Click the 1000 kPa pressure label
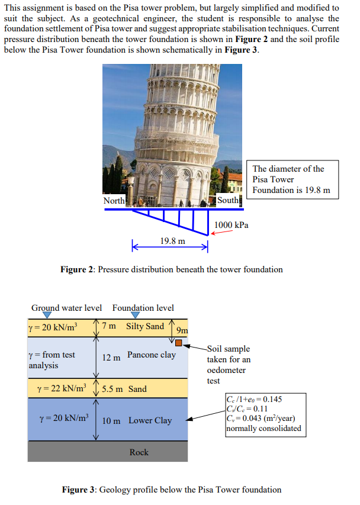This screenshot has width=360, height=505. tap(231, 225)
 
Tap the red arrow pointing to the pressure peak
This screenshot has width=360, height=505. tap(221, 232)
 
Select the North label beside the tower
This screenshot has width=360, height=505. tap(114, 201)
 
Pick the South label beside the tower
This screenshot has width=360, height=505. tap(228, 200)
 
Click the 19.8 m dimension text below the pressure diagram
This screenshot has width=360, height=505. tap(172, 241)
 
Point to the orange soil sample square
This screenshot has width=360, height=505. tap(179, 343)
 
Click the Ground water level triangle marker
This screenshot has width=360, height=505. tap(47, 315)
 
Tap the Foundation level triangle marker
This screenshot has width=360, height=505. tap(136, 315)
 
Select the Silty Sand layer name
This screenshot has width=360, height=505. tap(145, 326)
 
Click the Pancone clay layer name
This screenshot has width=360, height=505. tap(152, 355)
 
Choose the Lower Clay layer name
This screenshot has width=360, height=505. tap(150, 420)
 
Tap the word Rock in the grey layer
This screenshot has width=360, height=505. tap(139, 452)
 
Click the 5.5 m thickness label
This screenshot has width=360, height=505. tap(112, 389)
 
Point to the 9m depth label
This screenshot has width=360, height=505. tap(182, 330)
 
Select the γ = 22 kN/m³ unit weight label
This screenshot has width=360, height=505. tap(62, 388)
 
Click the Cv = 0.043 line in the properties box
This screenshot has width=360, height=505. tap(261, 419)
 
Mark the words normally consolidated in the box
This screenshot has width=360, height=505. tap(263, 429)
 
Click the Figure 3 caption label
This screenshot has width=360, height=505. tap(78, 490)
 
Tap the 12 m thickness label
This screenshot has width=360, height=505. tap(111, 358)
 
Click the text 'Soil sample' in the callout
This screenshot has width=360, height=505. tap(229, 349)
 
